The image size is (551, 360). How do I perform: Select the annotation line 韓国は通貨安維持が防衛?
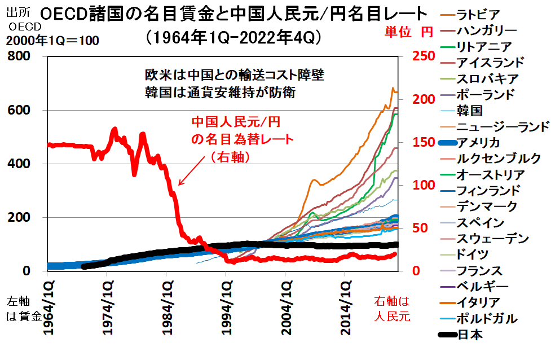coord(220,91)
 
